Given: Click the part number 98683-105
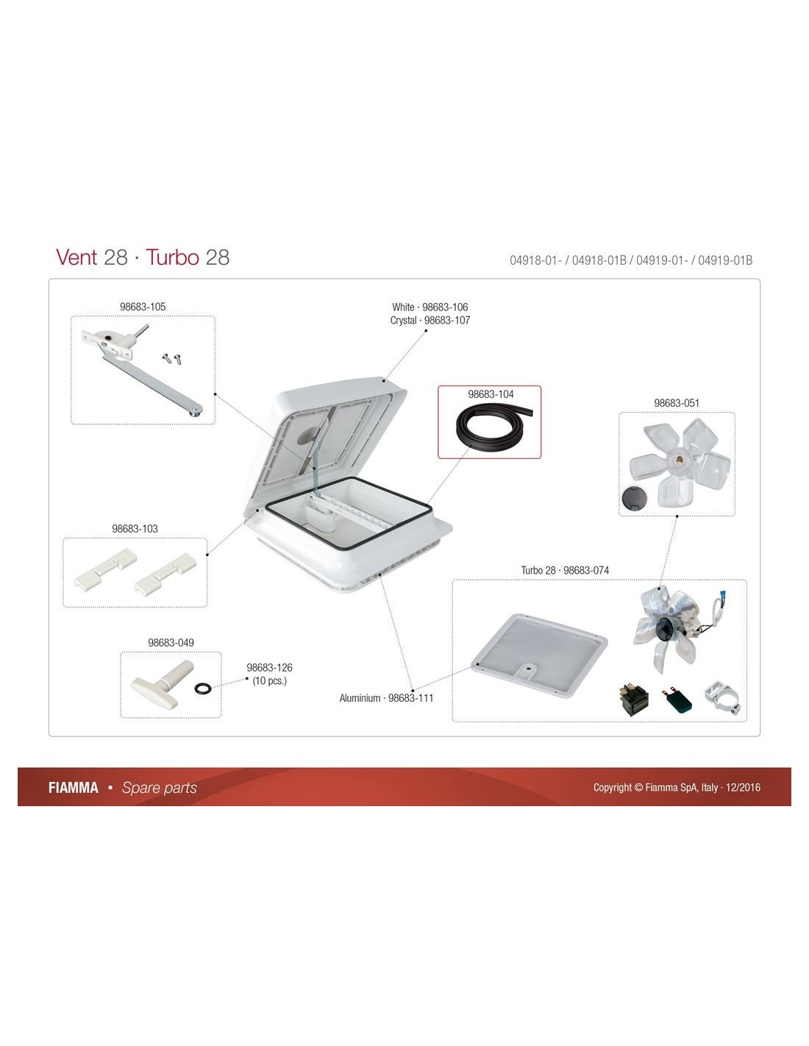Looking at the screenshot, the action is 143,307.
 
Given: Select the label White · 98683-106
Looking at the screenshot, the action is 430,307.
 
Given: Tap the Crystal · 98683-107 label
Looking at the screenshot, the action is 430,320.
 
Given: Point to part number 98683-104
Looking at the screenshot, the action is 491,394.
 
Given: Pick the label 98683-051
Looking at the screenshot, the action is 676,403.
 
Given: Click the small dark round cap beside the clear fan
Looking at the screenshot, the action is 632,497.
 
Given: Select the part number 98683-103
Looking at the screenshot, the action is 135,529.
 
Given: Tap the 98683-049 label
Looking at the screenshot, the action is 171,643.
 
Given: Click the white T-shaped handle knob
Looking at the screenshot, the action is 161,683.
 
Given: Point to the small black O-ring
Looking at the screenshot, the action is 202,689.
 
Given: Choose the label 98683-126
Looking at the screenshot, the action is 269,668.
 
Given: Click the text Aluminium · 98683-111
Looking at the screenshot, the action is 386,698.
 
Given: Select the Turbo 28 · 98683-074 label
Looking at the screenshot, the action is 565,570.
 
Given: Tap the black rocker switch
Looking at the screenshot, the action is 633,700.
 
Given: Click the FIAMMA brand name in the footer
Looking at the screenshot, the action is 73,788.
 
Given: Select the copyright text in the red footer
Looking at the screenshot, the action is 677,788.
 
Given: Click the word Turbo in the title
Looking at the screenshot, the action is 172,257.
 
